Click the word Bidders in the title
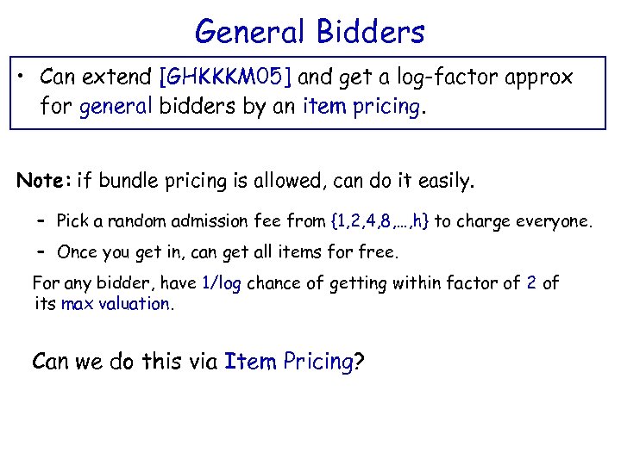[x=371, y=32]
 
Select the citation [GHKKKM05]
[x=227, y=77]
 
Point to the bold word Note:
[x=44, y=181]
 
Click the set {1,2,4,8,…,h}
[x=380, y=221]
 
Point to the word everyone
[x=552, y=221]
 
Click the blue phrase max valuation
[x=116, y=303]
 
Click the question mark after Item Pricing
[x=359, y=361]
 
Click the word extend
[x=119, y=77]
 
